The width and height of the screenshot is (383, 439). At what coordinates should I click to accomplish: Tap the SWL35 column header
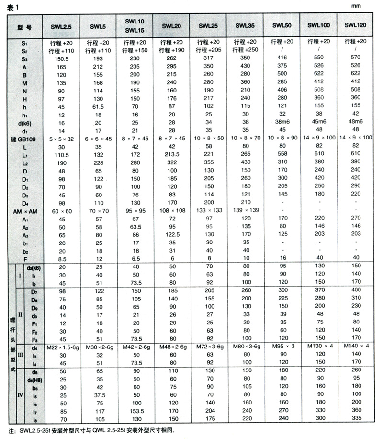point(246,26)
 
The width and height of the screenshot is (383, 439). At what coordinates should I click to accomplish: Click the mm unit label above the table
point(365,6)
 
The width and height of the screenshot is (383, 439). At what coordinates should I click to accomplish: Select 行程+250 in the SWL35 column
point(246,50)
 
